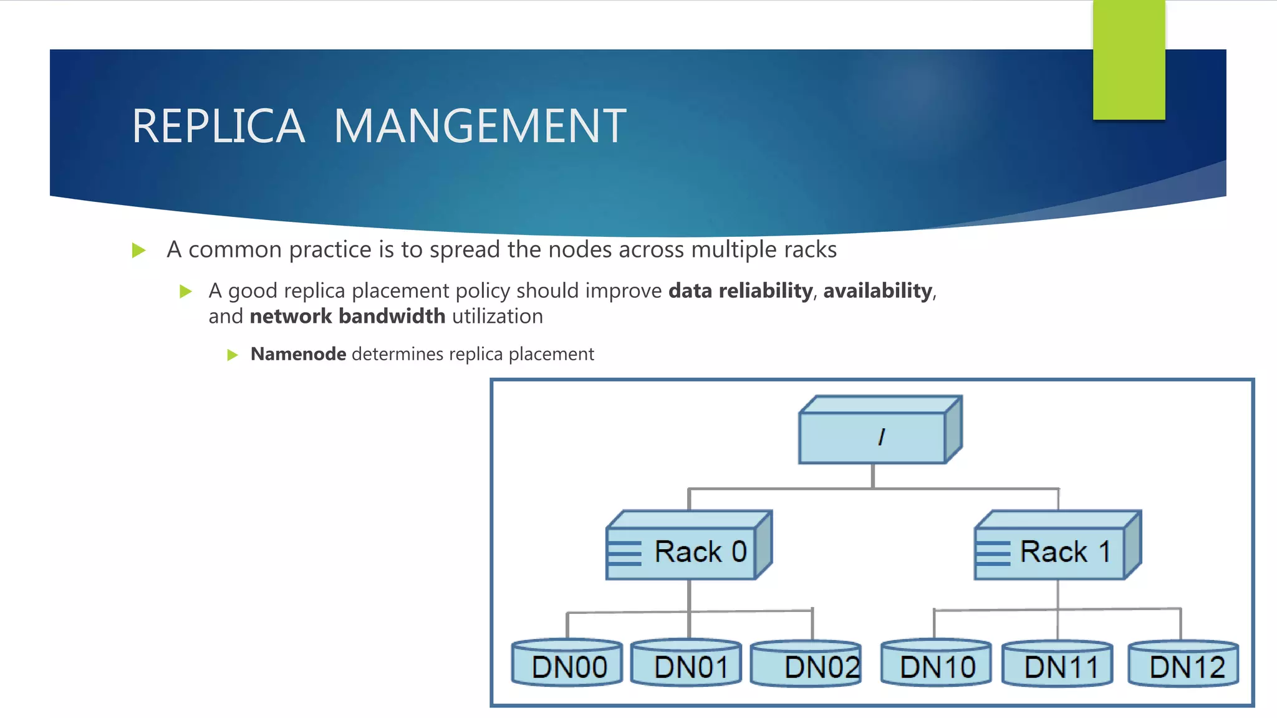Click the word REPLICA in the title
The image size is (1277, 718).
coord(218,127)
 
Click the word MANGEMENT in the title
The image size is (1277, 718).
coord(479,127)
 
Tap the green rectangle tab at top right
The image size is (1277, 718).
coord(1129,60)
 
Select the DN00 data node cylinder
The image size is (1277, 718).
coord(567,663)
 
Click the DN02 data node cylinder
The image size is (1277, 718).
coord(806,664)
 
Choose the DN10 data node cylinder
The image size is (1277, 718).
coord(936,663)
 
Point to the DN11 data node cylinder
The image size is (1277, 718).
coord(1058,664)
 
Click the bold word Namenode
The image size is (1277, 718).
coord(298,354)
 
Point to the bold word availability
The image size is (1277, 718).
coord(877,290)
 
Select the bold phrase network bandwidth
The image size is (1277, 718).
coord(347,317)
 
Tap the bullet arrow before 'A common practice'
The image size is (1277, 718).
coord(139,251)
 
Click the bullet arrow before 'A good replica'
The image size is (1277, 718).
coord(185,292)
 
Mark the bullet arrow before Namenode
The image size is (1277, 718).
coord(233,355)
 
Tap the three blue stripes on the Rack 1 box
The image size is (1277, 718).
coord(993,553)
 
